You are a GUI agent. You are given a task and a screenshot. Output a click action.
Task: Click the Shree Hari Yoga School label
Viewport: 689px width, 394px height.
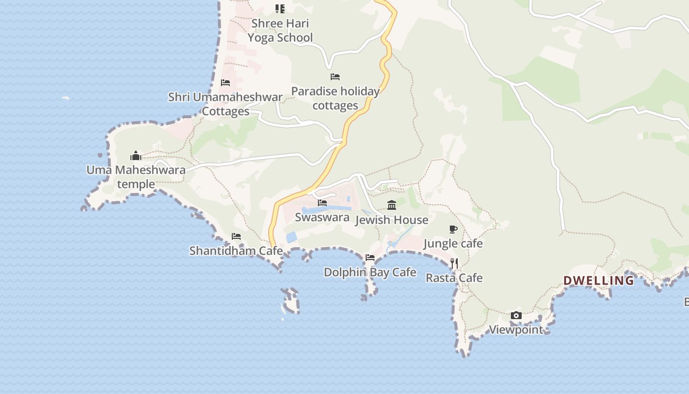[x=280, y=31]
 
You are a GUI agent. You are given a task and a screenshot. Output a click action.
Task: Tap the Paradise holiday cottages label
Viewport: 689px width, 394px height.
[x=335, y=98]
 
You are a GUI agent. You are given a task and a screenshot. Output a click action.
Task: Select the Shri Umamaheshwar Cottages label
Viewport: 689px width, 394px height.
[x=225, y=104]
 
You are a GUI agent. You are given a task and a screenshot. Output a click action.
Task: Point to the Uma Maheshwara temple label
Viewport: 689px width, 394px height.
[x=136, y=177]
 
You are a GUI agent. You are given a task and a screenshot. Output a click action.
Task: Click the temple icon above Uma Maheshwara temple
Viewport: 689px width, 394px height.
[x=136, y=156]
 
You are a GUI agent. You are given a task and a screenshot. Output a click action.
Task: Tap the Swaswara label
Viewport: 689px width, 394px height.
[x=322, y=217]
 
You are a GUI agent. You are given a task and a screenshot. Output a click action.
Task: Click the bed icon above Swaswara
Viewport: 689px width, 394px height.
[x=322, y=203]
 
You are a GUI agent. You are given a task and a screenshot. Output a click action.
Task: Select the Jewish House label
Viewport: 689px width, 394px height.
[x=392, y=220]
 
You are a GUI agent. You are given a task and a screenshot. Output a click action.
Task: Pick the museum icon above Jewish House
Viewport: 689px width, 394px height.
[x=392, y=205]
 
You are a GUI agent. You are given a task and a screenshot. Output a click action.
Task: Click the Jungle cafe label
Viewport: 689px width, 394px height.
[x=453, y=243]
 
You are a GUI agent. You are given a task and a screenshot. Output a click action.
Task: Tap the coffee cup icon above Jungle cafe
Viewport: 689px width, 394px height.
[x=453, y=229]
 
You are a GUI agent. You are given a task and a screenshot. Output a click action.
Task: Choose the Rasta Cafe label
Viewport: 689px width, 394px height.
[x=454, y=278]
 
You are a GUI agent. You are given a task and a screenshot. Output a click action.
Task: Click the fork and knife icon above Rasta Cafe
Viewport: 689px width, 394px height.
[x=454, y=263]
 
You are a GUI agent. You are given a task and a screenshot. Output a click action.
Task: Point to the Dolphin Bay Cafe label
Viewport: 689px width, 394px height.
[x=370, y=272]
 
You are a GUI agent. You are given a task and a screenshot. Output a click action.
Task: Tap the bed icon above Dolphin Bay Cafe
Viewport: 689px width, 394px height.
[x=370, y=258]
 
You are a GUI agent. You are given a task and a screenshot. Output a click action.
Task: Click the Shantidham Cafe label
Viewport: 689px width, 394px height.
[x=236, y=251]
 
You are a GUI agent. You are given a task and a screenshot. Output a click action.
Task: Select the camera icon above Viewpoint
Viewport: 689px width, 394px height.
[x=516, y=316]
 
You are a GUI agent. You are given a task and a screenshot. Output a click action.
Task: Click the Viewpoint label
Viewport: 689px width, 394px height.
[x=516, y=329]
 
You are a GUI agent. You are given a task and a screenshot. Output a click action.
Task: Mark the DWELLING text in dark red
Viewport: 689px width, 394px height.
[x=598, y=281]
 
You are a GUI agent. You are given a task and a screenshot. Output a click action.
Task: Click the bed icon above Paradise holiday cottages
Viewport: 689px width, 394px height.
[x=335, y=77]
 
